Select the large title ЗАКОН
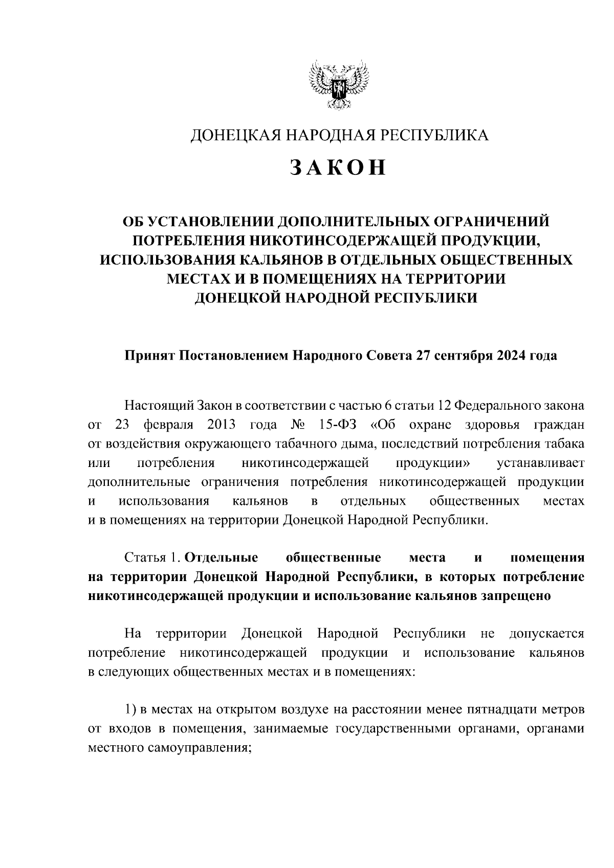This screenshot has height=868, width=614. pos(338,168)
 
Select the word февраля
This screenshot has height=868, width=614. pos(168,425)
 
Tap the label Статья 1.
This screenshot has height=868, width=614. pos(152,558)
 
